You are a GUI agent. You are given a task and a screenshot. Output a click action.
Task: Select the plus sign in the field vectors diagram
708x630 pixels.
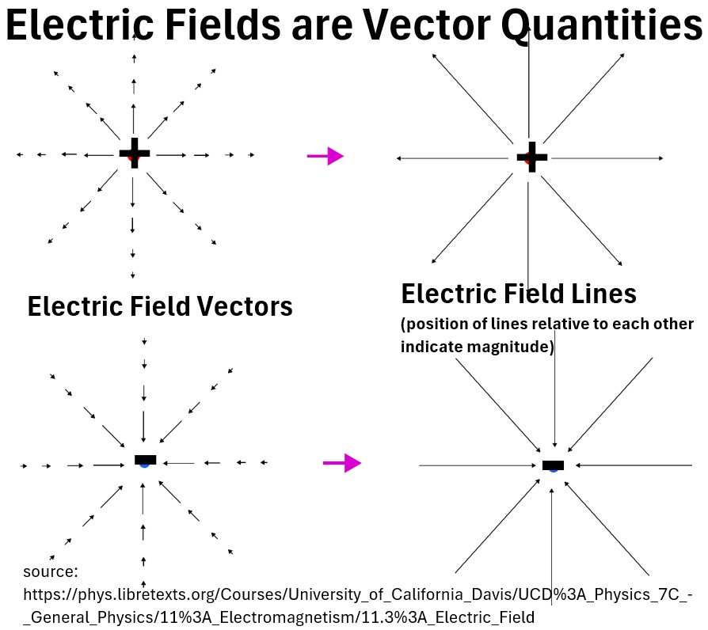tap(134, 153)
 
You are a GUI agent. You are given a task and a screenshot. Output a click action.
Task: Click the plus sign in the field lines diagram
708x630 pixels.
tap(532, 157)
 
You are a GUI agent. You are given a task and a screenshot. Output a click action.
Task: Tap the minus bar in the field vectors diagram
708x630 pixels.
tap(146, 459)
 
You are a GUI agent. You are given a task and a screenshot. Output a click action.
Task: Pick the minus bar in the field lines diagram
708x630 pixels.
tap(553, 465)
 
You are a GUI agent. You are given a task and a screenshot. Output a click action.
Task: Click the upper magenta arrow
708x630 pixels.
tap(325, 157)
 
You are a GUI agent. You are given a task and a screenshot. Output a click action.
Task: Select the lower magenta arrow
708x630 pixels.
tap(342, 463)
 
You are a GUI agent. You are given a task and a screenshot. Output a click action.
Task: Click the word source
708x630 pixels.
tap(49, 571)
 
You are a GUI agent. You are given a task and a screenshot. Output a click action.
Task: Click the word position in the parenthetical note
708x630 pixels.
tap(438, 325)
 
